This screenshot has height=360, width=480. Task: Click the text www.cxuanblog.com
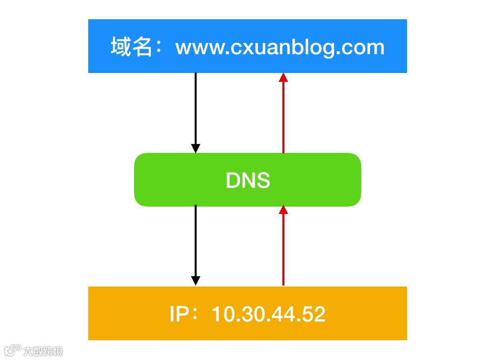pyautogui.click(x=279, y=47)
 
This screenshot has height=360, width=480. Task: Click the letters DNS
pyautogui.click(x=248, y=180)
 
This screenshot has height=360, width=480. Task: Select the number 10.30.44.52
pyautogui.click(x=268, y=314)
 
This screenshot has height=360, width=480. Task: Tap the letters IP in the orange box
pyautogui.click(x=177, y=314)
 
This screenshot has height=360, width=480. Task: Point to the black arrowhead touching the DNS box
pyautogui.click(x=196, y=148)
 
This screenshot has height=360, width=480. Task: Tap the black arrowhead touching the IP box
pyautogui.click(x=196, y=281)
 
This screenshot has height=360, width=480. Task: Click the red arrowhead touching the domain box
pyautogui.click(x=283, y=77)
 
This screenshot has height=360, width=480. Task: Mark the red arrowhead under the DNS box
pyautogui.click(x=283, y=210)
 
